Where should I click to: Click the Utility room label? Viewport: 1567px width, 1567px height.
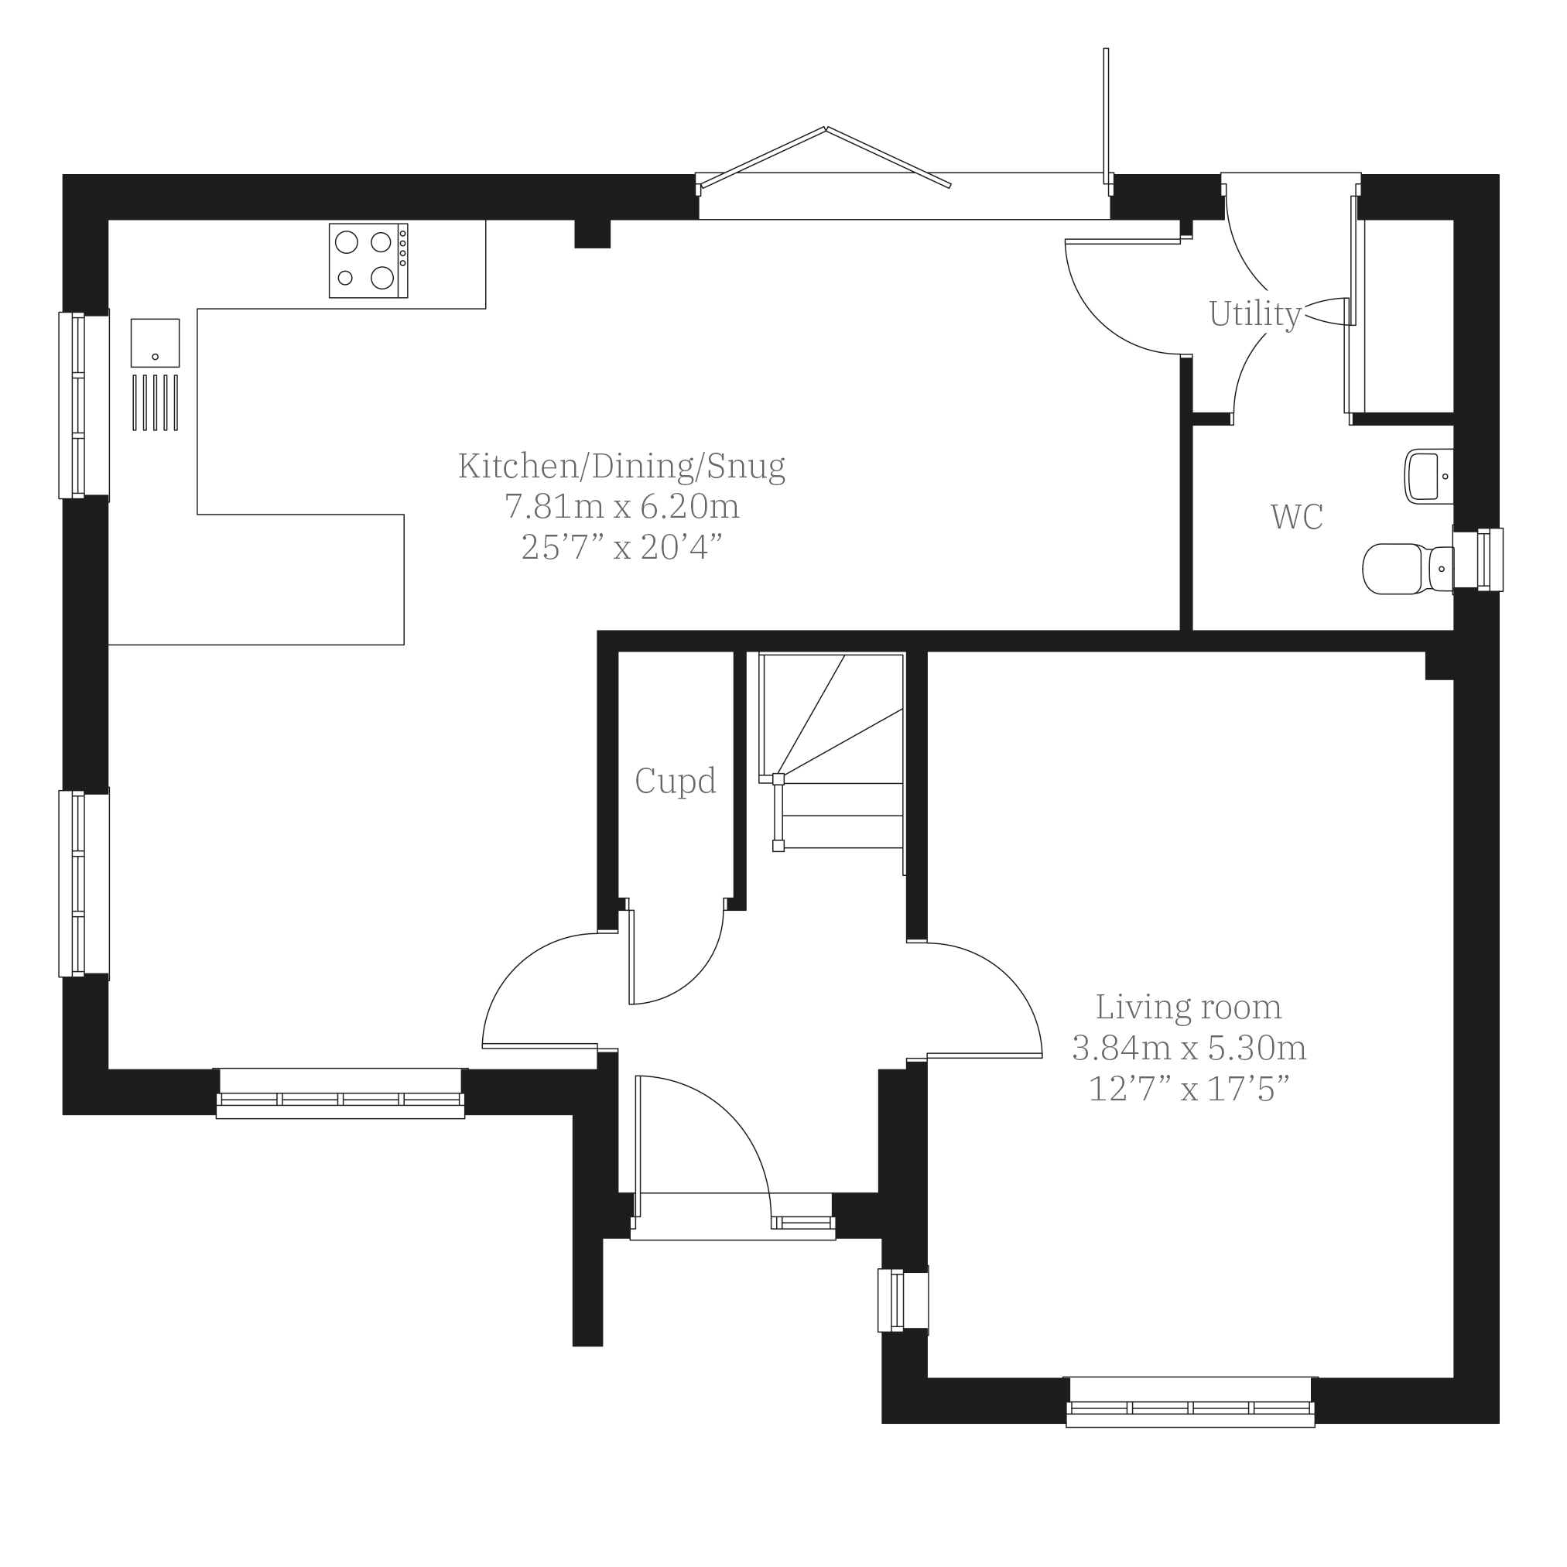coord(1254,315)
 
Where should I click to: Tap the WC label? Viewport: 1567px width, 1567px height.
coord(1297,517)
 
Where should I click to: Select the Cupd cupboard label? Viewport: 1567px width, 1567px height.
coord(676,781)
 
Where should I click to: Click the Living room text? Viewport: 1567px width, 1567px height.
coord(1189,1008)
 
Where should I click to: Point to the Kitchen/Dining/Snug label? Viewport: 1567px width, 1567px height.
coord(622,467)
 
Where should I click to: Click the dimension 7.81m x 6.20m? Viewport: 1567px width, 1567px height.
coord(622,507)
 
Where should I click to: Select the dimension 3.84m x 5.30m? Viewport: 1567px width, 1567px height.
coord(1189,1048)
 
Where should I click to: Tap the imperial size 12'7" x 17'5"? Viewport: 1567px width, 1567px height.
coord(1189,1089)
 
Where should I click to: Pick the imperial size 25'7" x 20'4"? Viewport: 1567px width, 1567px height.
coord(622,547)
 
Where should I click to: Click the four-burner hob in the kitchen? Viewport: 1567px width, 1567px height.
coord(368,260)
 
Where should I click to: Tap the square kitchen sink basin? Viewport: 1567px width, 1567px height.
coord(155,342)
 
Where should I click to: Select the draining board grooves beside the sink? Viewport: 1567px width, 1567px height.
coord(155,402)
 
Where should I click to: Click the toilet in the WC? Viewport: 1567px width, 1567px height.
coord(1409,569)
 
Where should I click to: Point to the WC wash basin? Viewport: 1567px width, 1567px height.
coord(1429,476)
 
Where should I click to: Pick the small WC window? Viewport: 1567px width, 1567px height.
coord(1478,559)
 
